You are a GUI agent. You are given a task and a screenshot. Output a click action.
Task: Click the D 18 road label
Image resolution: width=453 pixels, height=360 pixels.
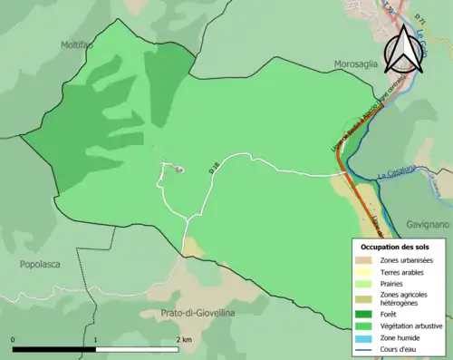(214, 167)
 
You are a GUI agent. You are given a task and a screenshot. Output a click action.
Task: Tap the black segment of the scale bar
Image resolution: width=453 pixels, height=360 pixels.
(54, 348)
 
